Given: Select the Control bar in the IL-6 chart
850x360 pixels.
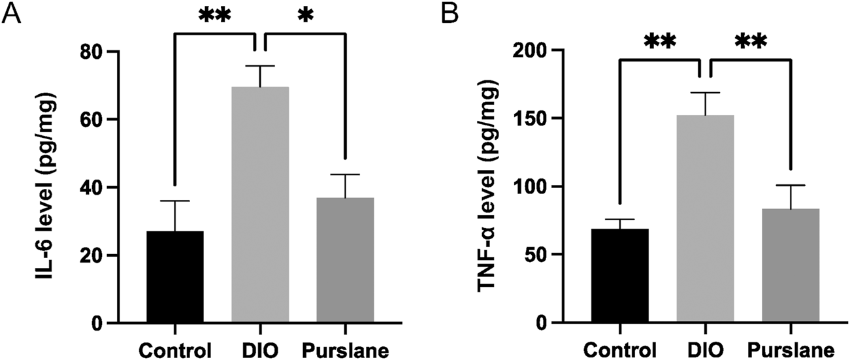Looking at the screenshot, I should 175,277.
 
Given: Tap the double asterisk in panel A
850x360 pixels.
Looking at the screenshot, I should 214,18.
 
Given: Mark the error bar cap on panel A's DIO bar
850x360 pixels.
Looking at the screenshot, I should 260,66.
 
